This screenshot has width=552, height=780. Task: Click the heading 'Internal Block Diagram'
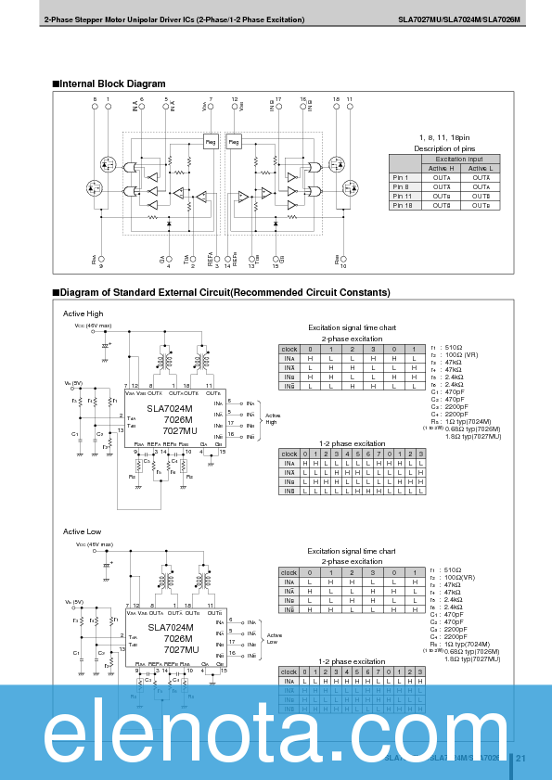click(112, 83)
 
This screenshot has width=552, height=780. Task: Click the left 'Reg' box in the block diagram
click(211, 141)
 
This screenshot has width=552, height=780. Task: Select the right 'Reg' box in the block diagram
click(234, 141)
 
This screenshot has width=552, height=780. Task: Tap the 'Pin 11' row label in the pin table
click(402, 197)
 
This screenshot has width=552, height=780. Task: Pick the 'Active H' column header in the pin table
click(441, 168)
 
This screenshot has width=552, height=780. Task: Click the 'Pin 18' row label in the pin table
click(402, 205)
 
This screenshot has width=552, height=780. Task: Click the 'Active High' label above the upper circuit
click(83, 313)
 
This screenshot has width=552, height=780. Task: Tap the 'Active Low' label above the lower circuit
click(82, 531)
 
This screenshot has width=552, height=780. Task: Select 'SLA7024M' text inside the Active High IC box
click(170, 408)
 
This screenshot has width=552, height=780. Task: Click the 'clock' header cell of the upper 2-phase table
click(289, 350)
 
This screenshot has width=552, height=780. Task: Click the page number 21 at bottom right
click(520, 758)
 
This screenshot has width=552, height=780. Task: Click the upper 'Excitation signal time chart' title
click(352, 327)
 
